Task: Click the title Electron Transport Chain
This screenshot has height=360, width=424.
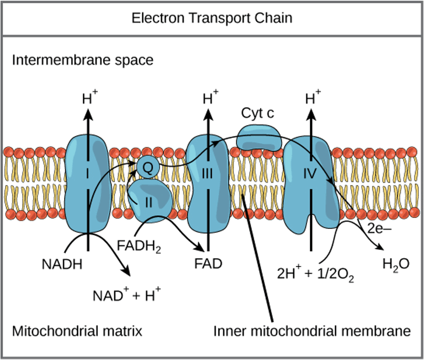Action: [211, 19]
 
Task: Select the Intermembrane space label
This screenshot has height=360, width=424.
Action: [82, 60]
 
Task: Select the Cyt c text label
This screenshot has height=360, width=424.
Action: [258, 113]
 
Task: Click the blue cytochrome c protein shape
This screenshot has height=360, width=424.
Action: [259, 140]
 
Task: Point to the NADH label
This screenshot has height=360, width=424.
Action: [62, 264]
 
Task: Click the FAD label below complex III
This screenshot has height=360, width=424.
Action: [208, 264]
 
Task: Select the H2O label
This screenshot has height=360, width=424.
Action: [395, 264]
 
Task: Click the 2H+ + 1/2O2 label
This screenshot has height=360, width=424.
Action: [316, 273]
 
